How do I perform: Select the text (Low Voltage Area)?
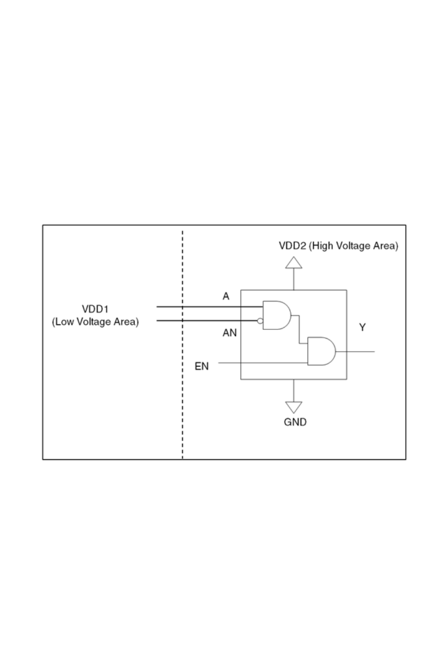pos(95,322)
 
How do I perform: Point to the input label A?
pos(226,296)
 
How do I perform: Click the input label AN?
pos(229,333)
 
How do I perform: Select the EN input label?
pos(201,367)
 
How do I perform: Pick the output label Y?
pos(362,328)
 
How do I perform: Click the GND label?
pos(295,422)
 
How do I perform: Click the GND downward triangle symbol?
pos(294,408)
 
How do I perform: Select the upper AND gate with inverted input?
pos(276,315)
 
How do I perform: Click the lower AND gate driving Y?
pos(321,351)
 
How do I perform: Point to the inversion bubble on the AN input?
pos(260,321)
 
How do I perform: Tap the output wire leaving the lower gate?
pos(356,352)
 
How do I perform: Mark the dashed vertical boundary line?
pos(182,395)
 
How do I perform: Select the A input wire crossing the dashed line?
pos(209,307)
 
